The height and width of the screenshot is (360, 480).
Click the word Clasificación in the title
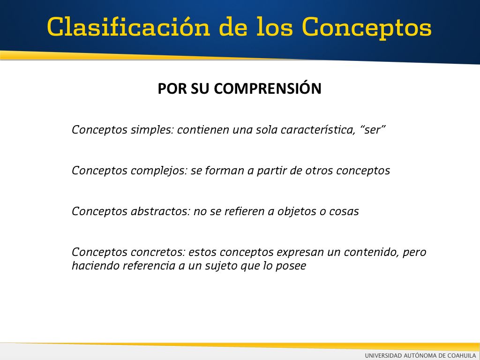point(128,27)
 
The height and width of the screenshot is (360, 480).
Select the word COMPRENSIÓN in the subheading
point(268,88)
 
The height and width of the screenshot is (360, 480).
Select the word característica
point(318,130)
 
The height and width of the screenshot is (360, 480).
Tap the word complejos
point(159,171)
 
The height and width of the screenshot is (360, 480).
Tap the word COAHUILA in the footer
point(462,355)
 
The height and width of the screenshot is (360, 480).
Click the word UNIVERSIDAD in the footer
point(383,355)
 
